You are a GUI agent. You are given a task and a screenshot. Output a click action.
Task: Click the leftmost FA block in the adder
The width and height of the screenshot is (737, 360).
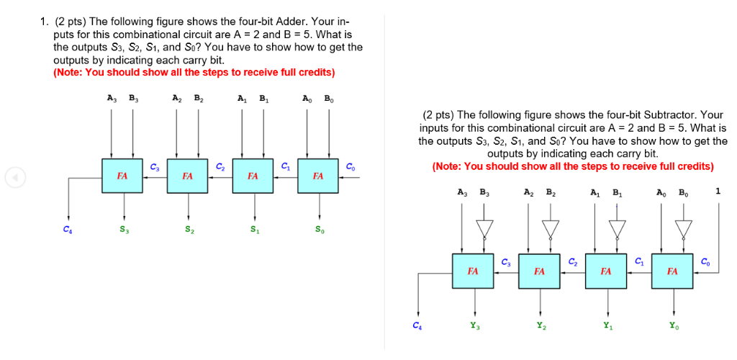[x=122, y=176]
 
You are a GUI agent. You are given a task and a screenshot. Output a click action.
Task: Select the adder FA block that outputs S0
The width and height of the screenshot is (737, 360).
[x=317, y=176]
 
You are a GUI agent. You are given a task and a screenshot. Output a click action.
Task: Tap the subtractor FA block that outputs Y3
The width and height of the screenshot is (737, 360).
[x=473, y=271]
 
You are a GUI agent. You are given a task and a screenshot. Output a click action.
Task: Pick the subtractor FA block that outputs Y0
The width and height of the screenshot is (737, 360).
[x=672, y=271]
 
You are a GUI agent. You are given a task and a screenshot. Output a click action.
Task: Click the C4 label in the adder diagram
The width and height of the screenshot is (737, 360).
[x=67, y=230]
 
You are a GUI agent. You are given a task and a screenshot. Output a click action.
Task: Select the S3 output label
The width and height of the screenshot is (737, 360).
[x=125, y=230]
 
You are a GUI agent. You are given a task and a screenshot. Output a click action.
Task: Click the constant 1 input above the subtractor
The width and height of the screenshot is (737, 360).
[x=718, y=192]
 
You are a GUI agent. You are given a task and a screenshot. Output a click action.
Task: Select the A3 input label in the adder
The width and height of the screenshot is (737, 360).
[x=110, y=99]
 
